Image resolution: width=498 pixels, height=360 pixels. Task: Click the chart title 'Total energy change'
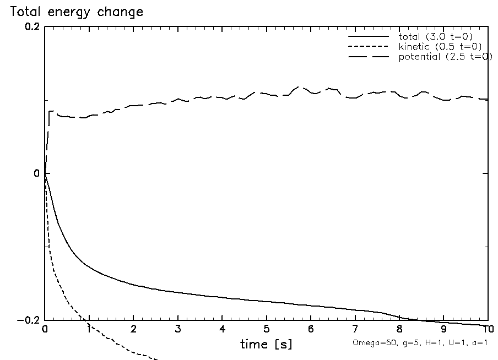click(74, 12)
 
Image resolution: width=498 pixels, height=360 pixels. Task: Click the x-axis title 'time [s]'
click(266, 345)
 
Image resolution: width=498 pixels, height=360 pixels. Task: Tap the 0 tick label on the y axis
click(36, 173)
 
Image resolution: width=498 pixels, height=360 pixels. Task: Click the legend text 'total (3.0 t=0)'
click(435, 36)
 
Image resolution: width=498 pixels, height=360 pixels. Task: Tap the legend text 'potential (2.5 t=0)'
click(445, 57)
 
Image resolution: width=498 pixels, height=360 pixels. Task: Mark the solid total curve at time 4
click(222, 297)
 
